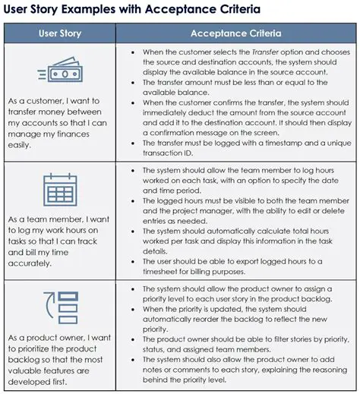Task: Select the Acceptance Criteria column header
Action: click(235, 33)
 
